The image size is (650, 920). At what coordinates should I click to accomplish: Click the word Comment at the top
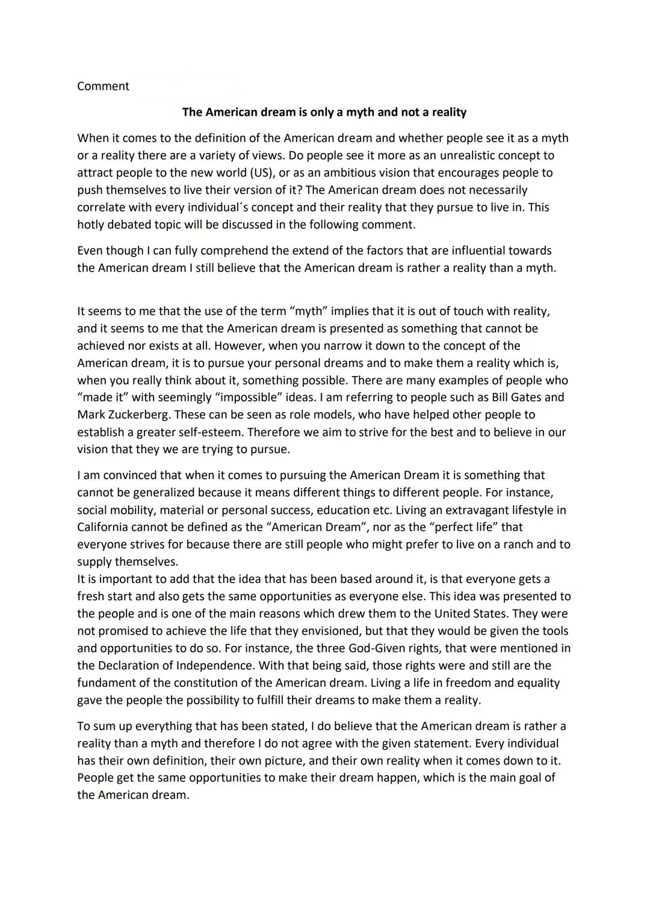click(103, 86)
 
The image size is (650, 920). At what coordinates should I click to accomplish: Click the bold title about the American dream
click(324, 112)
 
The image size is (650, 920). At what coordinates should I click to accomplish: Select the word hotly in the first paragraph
click(92, 225)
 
